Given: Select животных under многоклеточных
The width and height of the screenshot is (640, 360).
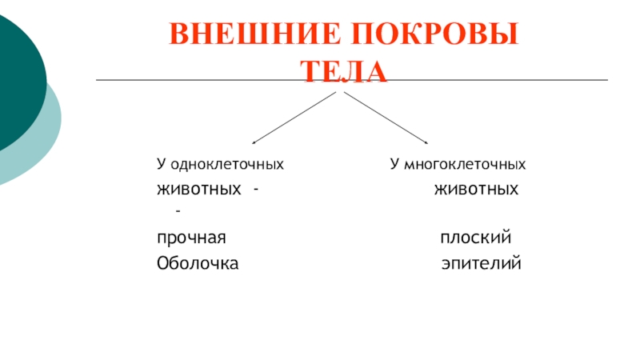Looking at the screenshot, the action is click(477, 190).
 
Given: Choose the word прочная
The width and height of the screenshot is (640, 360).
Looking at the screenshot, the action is click(191, 239).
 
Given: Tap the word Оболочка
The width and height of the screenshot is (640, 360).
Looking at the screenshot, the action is click(197, 263).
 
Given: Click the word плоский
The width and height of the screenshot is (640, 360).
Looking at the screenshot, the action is click(475, 239).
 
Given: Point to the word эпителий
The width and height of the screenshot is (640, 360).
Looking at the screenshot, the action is click(481, 263).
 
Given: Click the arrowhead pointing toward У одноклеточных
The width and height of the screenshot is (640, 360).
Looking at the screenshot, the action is click(255, 142).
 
